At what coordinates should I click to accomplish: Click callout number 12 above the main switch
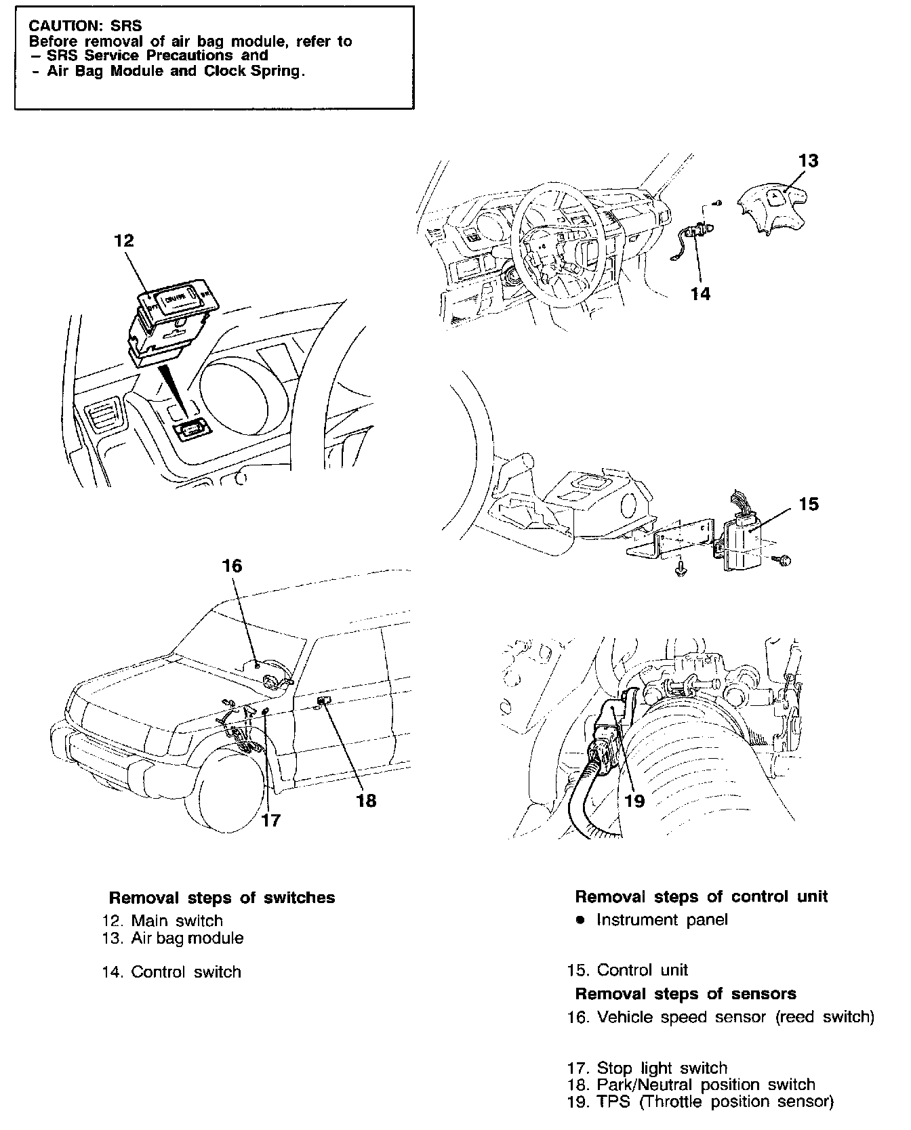pos(124,241)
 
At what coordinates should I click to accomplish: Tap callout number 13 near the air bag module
pos(808,161)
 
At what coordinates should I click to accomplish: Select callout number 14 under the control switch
pos(701,293)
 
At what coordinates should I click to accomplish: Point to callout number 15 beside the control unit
pos(809,504)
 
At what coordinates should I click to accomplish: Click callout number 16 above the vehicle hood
pos(232,566)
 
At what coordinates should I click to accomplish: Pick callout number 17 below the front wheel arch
pos(270,820)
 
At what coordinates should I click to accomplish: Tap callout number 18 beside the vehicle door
pos(366,801)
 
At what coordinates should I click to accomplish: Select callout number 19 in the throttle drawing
pos(634,801)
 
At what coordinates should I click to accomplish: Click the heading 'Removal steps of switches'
pos(222,898)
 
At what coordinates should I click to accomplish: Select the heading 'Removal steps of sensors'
pos(685,994)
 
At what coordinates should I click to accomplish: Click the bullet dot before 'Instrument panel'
pos(580,920)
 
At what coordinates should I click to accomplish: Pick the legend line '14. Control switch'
pos(171,972)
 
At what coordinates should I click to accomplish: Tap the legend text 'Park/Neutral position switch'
pos(705,1085)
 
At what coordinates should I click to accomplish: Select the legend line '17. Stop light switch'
pos(647,1068)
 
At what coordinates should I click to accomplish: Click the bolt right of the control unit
pos(785,560)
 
